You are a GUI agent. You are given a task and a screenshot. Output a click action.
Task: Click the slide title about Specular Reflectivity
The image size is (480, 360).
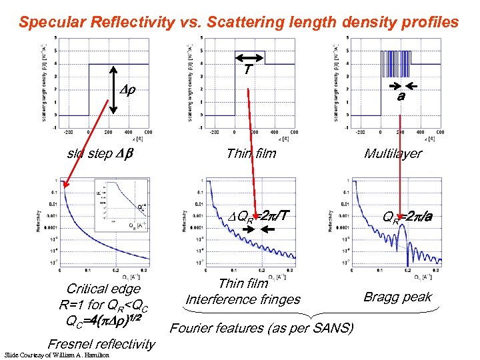point(239,22)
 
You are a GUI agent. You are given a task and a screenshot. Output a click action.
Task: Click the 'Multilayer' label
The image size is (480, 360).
point(393,154)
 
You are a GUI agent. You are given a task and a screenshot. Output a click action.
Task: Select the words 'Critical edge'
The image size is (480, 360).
point(103,289)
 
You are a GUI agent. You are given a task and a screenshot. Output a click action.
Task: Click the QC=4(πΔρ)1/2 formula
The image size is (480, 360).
point(103,319)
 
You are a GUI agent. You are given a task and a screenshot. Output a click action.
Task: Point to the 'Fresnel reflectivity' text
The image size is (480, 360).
point(101,344)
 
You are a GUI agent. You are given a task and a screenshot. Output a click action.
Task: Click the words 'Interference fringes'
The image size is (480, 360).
point(243,299)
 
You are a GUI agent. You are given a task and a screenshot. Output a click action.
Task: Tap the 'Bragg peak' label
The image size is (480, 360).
point(398,297)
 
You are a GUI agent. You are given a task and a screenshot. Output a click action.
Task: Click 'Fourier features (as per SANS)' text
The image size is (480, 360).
point(262,328)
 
